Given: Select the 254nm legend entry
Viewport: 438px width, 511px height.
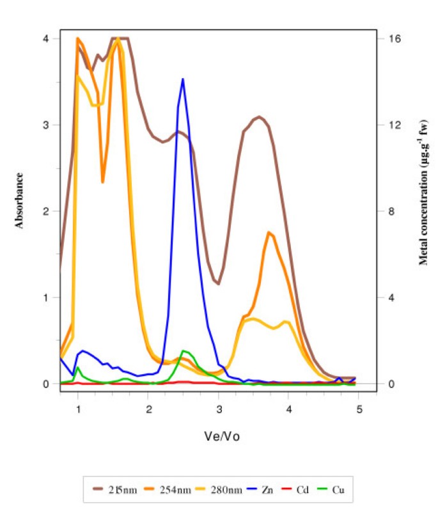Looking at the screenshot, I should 181,491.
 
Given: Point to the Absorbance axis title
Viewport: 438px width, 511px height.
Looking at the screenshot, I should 20,200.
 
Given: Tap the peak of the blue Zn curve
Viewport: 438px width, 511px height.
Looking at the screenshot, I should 183,79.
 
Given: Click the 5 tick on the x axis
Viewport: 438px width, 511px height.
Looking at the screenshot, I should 359,409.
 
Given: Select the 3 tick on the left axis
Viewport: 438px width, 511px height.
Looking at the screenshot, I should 45,125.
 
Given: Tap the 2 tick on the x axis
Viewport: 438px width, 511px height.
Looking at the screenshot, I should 148,409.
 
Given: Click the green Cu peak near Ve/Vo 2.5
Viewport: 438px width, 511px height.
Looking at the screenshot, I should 184,351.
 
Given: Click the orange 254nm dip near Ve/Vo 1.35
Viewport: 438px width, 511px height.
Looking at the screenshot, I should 102,182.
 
